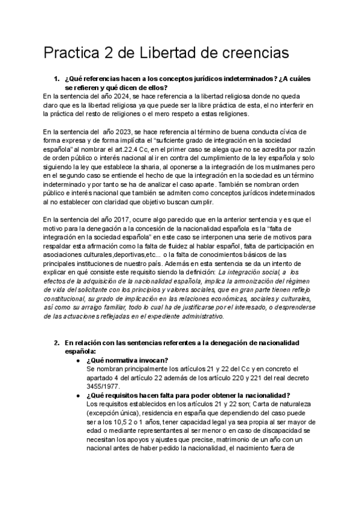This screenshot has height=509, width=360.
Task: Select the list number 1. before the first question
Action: click(x=58, y=79)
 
